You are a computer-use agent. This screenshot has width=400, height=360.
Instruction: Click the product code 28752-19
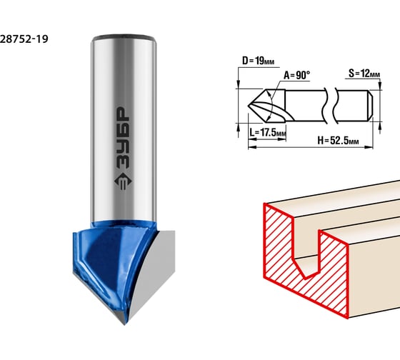pyautogui.click(x=24, y=39)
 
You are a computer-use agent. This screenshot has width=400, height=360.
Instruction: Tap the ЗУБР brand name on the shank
pyautogui.click(x=123, y=138)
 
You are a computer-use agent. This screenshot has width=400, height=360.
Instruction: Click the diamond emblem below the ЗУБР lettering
pyautogui.click(x=123, y=181)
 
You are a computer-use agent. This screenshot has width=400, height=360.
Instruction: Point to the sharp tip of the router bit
pyautogui.click(x=124, y=324)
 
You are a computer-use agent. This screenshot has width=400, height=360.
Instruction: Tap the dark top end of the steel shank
pyautogui.click(x=124, y=37)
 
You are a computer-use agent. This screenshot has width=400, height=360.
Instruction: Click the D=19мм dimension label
pyautogui.click(x=258, y=61)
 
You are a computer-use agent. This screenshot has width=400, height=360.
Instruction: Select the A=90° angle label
pyautogui.click(x=296, y=75)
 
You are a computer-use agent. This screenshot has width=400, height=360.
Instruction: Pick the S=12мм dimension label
pyautogui.click(x=364, y=74)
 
